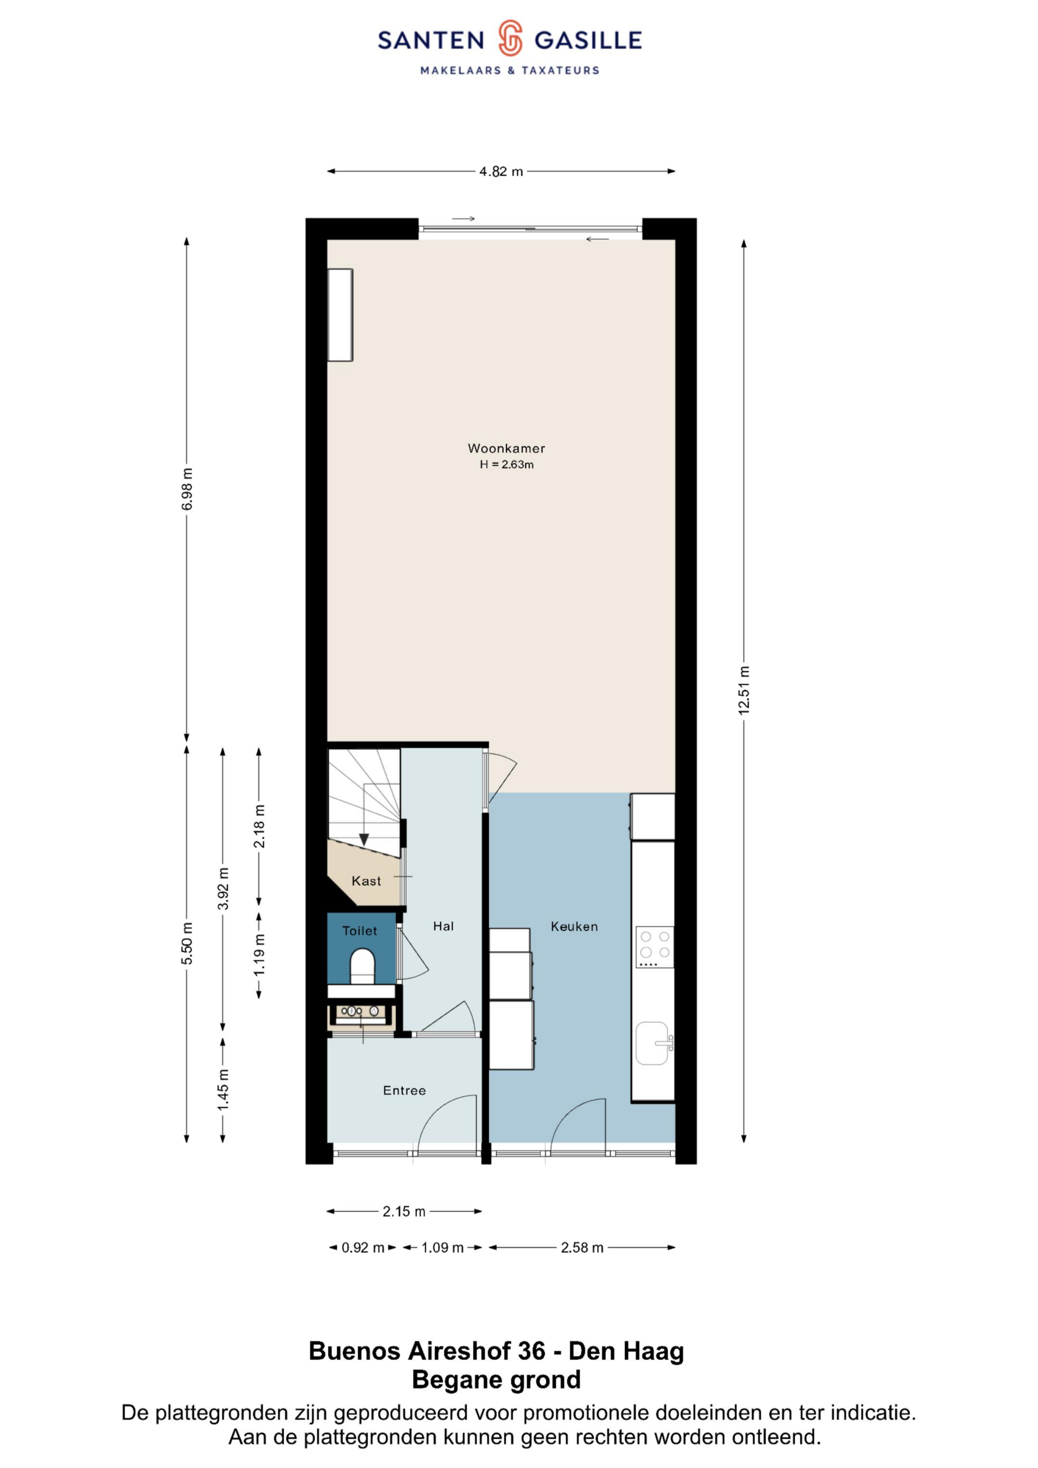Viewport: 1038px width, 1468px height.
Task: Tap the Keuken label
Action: (x=574, y=926)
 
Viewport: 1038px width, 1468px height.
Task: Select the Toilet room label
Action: (x=359, y=931)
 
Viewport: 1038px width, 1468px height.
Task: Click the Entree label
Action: (x=404, y=1091)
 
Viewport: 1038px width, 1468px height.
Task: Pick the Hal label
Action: (x=443, y=926)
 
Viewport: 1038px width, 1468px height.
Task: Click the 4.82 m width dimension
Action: (x=501, y=171)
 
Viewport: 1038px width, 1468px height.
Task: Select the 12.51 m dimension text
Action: (x=744, y=690)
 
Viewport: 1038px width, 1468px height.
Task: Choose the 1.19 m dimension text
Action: (x=259, y=955)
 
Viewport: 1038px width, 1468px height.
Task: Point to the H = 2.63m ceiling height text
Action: (x=507, y=465)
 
